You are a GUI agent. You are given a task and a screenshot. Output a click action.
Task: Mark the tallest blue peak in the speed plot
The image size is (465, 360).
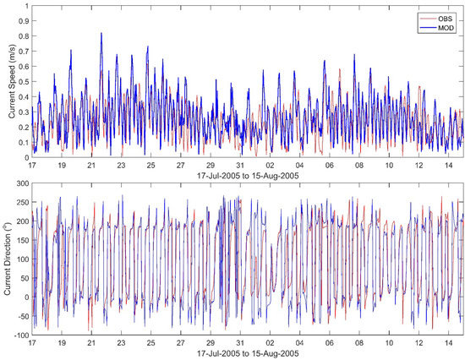101,34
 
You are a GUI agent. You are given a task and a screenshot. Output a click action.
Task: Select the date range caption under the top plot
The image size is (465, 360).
241,177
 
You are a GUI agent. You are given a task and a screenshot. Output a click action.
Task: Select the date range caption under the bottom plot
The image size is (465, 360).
241,355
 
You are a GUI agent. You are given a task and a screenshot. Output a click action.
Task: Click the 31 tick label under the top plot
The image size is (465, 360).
240,166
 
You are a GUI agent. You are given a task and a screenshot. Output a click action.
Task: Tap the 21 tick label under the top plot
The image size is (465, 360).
91,166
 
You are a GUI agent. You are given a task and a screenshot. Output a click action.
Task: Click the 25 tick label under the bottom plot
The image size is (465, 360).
151,344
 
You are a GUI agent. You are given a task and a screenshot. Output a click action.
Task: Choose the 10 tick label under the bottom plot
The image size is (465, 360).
389,344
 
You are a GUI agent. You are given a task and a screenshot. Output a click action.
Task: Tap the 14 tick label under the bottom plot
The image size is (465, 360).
448,344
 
